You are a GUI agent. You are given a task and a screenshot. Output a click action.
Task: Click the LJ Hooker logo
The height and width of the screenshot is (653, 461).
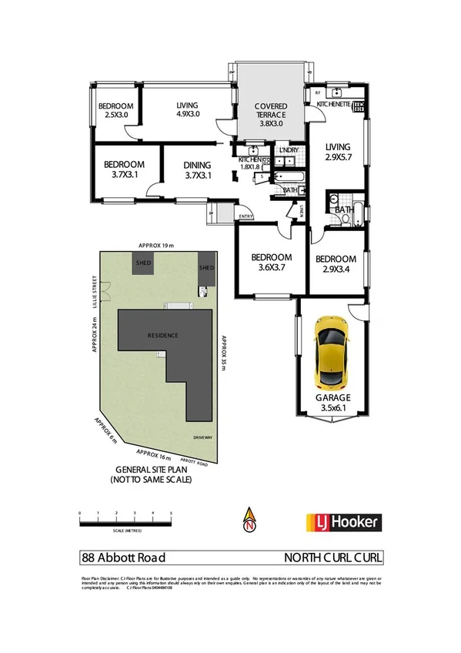tap(343, 522)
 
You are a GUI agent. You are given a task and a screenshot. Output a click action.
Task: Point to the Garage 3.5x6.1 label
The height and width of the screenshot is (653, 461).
tap(333, 404)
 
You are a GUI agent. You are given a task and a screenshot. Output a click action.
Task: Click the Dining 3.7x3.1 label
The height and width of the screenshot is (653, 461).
tap(198, 169)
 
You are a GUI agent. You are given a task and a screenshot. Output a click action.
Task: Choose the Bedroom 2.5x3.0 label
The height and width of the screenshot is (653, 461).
tap(116, 111)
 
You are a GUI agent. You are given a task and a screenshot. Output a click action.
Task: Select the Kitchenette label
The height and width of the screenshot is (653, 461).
tap(336, 102)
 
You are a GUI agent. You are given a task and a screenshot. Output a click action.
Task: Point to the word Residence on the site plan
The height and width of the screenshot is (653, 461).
tap(164, 337)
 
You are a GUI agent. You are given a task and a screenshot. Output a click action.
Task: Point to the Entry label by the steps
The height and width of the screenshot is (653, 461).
tap(246, 216)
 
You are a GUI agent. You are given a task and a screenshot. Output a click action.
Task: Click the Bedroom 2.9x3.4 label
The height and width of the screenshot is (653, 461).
tap(336, 264)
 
